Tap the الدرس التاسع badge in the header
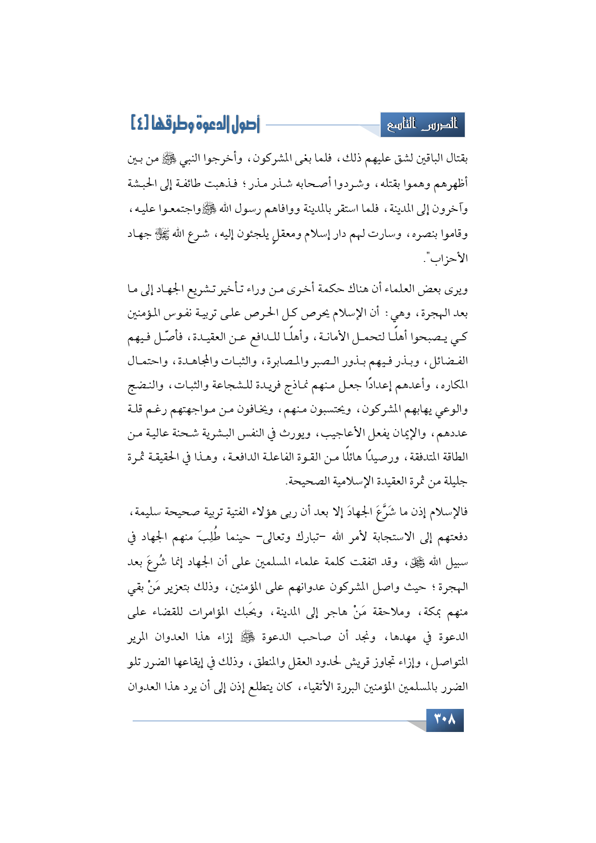(x=422, y=125)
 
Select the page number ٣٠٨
(x=445, y=719)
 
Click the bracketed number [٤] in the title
(x=140, y=124)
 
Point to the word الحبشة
(x=143, y=184)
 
